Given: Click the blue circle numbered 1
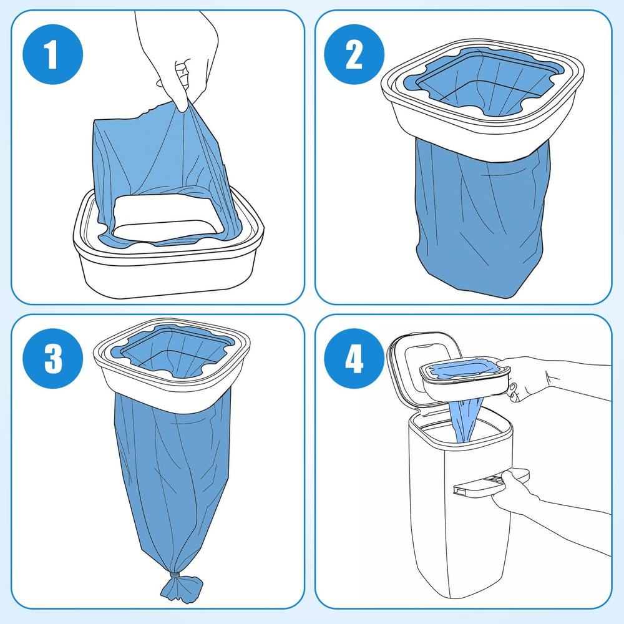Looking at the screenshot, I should [51, 55].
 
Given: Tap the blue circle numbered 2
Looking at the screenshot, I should [354, 55].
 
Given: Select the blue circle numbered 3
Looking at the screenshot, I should [52, 358].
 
